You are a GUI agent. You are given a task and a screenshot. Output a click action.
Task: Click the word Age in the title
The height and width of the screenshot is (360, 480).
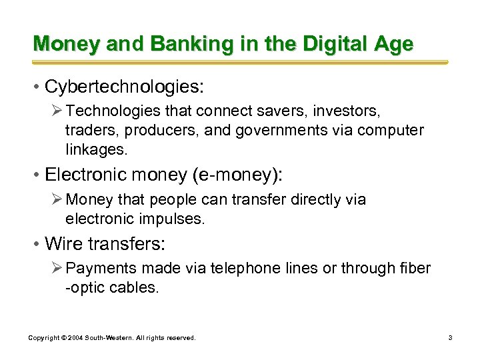[391, 44]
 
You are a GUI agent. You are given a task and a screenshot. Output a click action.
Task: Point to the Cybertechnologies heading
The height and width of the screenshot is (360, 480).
[123, 87]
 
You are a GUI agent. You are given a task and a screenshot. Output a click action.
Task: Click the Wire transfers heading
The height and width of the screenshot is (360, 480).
[104, 245]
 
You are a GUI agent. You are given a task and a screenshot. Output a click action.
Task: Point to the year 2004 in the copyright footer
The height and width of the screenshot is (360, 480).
[73, 339]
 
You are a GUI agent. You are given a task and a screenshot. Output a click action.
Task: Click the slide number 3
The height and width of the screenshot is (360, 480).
[450, 339]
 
